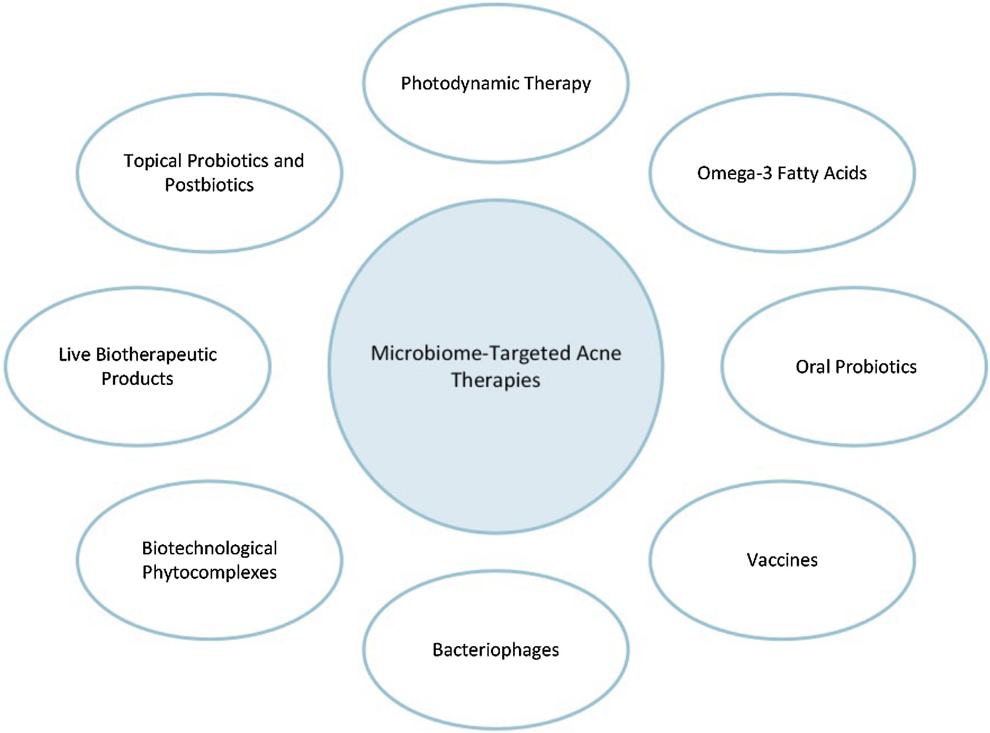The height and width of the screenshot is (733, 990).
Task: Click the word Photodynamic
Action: point(459,84)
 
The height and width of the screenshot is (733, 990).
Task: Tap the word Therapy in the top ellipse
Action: point(557,84)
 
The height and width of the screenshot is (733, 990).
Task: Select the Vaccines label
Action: point(782,560)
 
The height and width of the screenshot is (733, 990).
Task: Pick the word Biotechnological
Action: point(209,548)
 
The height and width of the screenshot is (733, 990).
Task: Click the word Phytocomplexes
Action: point(209,572)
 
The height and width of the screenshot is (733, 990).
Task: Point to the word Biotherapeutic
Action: point(156,355)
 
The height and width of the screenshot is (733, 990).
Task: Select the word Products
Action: point(137,378)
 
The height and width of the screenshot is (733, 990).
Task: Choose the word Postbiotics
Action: point(209,185)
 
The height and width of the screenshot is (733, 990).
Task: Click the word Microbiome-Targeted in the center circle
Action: point(470,354)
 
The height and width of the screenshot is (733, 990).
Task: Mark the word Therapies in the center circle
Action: point(496,380)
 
